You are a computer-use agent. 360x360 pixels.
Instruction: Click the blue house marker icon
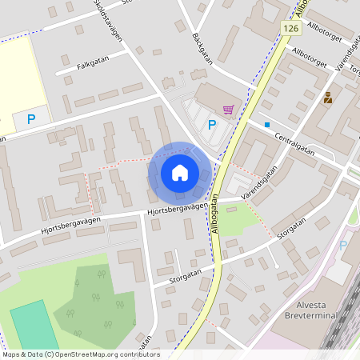point(179,172)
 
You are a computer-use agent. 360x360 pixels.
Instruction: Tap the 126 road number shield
point(290,28)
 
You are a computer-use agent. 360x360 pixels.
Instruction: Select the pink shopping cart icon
point(229,110)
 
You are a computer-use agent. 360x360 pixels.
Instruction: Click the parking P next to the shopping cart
point(212,124)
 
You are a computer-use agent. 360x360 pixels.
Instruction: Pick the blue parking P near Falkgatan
point(31,119)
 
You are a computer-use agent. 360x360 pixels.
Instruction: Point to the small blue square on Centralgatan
point(266,124)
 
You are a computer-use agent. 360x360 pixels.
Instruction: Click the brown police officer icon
point(328,98)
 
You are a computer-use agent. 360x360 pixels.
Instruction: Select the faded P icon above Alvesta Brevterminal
point(344,246)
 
